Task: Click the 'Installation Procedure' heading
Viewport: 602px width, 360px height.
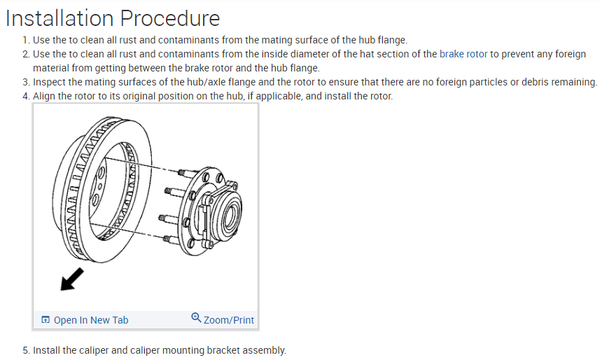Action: tap(113, 18)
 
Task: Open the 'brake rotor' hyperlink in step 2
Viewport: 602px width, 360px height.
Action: tap(463, 54)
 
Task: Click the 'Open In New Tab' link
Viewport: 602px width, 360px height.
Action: tap(91, 320)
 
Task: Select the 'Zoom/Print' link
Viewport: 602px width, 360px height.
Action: tap(229, 320)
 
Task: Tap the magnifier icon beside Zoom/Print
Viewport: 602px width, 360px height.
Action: tap(196, 319)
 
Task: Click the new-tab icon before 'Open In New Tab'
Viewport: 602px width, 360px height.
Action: tap(45, 320)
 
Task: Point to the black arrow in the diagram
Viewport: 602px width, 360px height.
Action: tap(71, 279)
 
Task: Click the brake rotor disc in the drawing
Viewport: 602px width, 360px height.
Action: tap(105, 189)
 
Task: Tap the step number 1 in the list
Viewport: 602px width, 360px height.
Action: tap(25, 40)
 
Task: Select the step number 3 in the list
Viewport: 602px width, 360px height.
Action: tap(25, 82)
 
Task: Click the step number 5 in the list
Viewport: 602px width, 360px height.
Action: tap(25, 350)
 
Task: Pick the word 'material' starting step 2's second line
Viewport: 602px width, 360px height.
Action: tap(51, 68)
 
